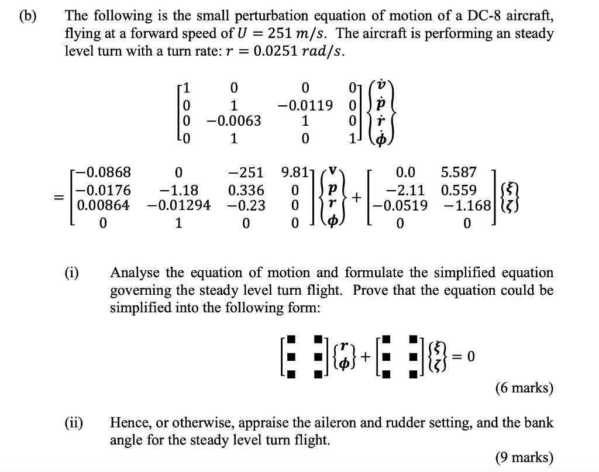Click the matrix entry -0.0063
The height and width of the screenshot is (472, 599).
233,122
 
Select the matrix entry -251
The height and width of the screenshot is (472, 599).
246,173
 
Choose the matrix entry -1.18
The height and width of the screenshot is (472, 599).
178,190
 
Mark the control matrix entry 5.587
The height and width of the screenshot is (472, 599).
459,173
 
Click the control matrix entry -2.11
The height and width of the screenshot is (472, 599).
406,190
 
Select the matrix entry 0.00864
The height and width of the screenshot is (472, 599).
102,206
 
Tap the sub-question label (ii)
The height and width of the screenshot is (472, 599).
74,422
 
